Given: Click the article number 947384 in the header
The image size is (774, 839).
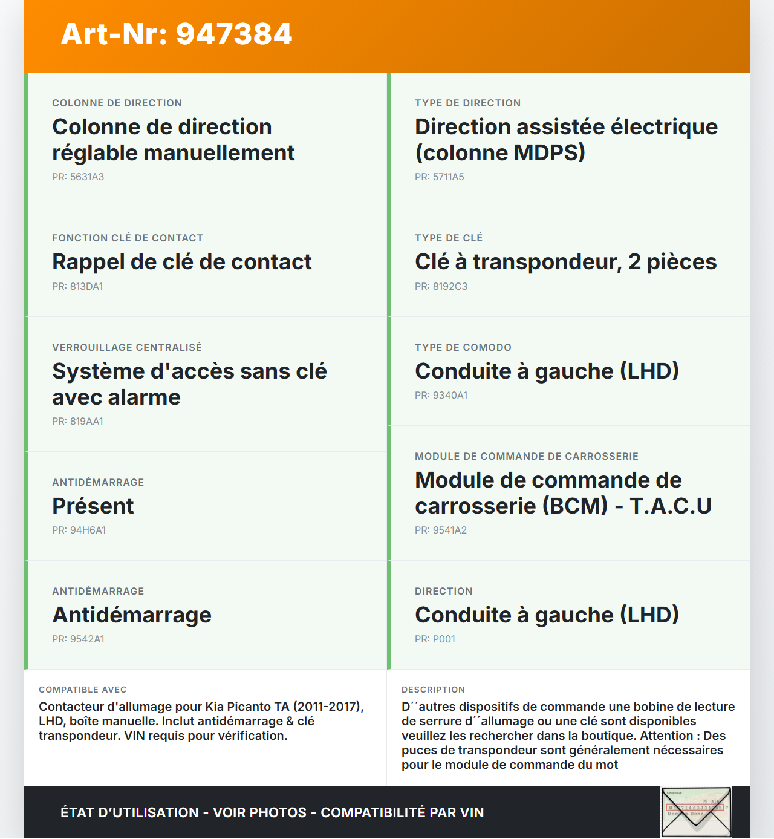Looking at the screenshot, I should (234, 34).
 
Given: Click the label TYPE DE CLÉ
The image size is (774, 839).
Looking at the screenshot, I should (449, 238).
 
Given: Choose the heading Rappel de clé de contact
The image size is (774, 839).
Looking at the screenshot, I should (181, 261).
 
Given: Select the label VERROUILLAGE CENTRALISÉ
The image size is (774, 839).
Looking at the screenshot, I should (127, 347).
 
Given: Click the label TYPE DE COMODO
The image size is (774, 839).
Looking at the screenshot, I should (463, 347).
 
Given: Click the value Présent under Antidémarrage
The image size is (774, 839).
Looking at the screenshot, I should (93, 506).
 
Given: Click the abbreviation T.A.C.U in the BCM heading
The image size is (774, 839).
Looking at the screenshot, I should (671, 506).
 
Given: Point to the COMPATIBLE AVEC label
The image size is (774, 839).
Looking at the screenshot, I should (83, 690).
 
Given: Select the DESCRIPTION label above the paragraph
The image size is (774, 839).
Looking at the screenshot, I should (434, 690).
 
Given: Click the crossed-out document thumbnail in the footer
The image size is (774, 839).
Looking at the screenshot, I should (696, 812).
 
